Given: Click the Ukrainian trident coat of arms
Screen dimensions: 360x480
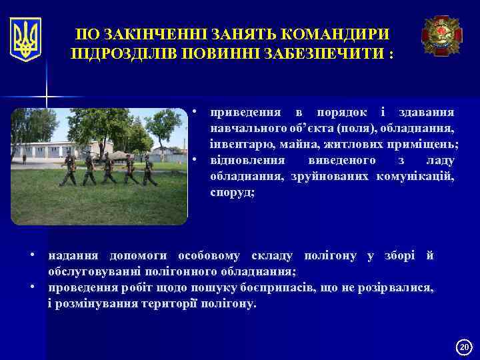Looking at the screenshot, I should point(26,39).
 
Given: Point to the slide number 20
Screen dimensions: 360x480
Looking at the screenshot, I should point(465,347).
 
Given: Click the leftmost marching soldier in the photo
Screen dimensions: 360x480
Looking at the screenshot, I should point(68,170).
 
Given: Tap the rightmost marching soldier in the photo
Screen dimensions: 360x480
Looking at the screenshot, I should point(149,171).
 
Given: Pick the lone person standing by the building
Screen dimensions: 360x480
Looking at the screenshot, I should point(25,159).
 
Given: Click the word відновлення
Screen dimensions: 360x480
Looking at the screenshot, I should point(248,161).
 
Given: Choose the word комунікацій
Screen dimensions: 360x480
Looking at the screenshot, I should point(415,177).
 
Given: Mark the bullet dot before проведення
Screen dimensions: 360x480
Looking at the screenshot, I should point(33,287).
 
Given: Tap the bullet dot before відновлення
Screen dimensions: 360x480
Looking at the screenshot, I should point(194,160).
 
